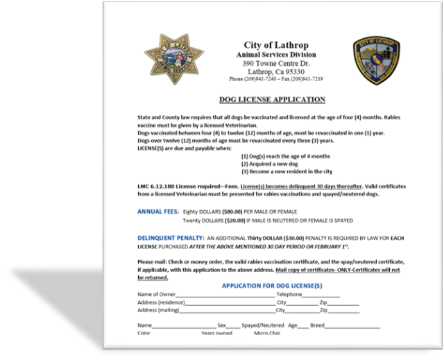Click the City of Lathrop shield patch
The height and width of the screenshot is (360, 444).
[376, 60]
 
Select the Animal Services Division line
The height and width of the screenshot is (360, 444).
[275, 55]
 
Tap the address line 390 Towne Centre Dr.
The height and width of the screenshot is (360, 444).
[275, 63]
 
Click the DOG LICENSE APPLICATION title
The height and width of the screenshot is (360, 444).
[272, 100]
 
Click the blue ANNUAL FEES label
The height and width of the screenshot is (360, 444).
[157, 210]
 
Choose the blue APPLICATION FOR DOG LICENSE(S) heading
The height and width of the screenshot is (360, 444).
[271, 286]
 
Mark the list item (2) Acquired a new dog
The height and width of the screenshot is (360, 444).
[276, 164]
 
